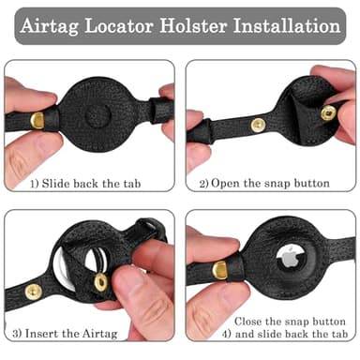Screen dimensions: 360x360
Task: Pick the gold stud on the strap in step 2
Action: click(x=258, y=124)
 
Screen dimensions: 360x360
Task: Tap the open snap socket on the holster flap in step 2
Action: click(x=328, y=112)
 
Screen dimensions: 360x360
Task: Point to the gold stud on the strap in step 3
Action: click(x=34, y=292)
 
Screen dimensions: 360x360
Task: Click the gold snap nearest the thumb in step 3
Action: click(x=99, y=281)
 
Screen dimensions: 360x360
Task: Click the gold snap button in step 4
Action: click(x=220, y=272)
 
